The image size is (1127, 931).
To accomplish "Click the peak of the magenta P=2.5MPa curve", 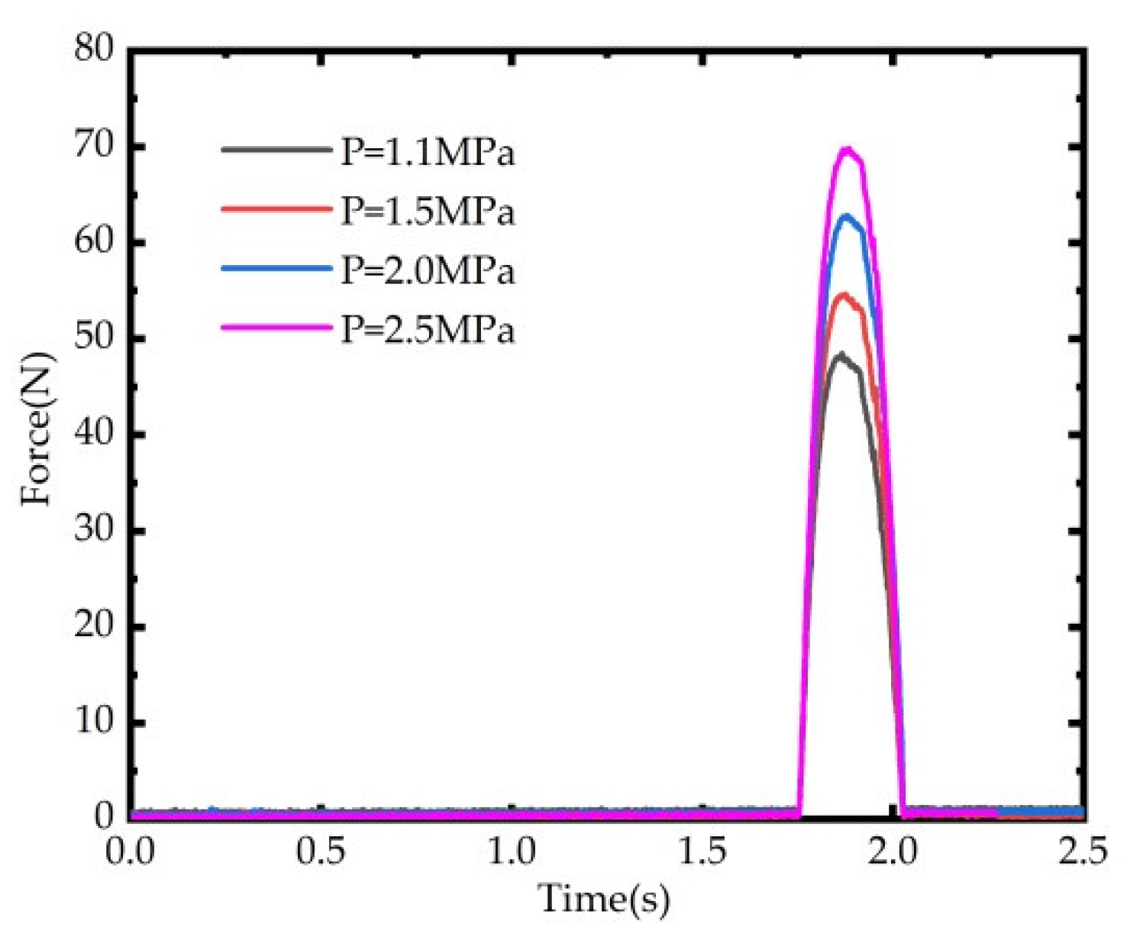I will click(x=846, y=149).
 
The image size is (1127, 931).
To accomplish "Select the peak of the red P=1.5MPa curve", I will click(x=844, y=294).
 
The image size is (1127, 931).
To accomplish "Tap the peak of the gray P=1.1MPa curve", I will click(x=841, y=354).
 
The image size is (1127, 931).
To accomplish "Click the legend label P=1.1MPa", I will click(x=428, y=153).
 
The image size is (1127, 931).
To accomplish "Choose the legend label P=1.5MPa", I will click(x=428, y=212).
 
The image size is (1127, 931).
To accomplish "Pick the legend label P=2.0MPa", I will click(x=428, y=271).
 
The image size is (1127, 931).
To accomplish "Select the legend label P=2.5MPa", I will click(x=428, y=330).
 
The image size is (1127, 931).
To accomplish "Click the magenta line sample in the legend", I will click(x=276, y=327).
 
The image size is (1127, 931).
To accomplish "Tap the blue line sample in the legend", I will click(x=276, y=268).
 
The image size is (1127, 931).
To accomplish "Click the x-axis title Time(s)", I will click(x=603, y=898).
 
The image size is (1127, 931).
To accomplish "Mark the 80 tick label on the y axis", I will click(x=94, y=50).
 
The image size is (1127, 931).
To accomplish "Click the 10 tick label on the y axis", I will click(x=94, y=721).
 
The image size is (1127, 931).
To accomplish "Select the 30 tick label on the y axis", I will click(x=94, y=529).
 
